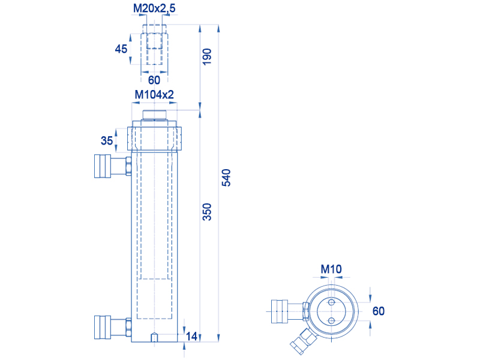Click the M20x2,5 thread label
pos(154,8)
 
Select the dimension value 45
pos(121,49)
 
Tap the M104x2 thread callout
pos(154,95)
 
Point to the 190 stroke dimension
pos(207,56)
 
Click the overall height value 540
pos(226,178)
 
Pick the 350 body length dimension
pos(207,212)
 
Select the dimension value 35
pos(107,140)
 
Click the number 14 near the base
pos(191,336)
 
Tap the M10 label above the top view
pos(331,269)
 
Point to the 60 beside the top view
pos(379,311)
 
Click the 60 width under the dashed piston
pos(154,80)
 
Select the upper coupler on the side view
pos(113,166)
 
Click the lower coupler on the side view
pos(113,327)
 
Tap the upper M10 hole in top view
pos(331,303)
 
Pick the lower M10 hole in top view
pos(331,321)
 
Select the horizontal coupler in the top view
pos(290,311)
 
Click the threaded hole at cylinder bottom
pos(154,337)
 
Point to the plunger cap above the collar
pos(154,115)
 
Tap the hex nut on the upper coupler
pos(128,166)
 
